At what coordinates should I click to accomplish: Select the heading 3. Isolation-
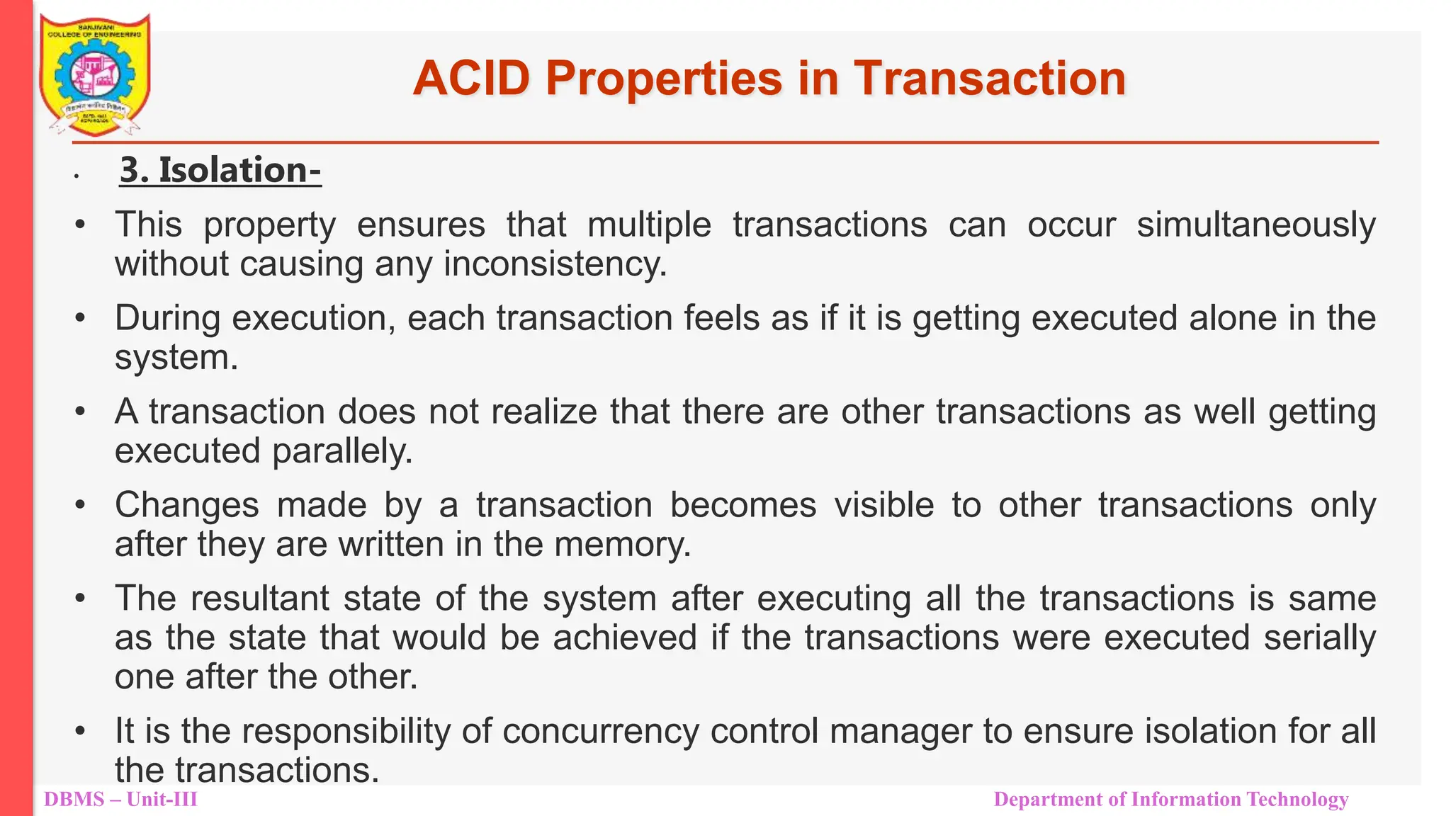tap(220, 171)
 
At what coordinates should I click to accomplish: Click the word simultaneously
tap(1255, 226)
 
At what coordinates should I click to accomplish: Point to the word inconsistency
tap(555, 264)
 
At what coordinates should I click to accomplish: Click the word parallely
tap(341, 451)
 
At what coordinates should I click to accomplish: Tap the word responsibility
tap(346, 731)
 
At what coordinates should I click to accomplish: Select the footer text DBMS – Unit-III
tap(120, 800)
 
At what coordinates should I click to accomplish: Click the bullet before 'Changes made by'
tap(81, 505)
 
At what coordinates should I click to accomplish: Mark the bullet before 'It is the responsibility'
tap(81, 730)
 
